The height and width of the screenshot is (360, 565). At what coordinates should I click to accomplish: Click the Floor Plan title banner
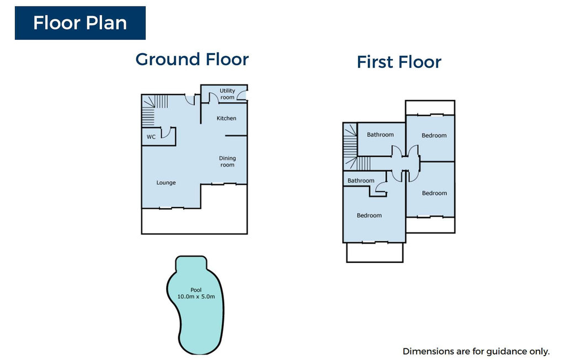[80, 23]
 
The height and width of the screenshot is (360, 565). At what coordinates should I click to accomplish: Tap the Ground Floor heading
[192, 60]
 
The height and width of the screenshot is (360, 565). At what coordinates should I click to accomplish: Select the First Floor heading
[399, 62]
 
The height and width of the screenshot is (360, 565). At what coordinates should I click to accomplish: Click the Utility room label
[227, 94]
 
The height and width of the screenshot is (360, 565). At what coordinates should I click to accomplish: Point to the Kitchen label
[226, 118]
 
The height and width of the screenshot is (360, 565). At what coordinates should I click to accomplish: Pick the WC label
[151, 137]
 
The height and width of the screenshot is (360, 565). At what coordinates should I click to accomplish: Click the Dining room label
[227, 162]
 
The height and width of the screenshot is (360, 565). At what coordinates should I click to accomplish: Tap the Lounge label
[166, 183]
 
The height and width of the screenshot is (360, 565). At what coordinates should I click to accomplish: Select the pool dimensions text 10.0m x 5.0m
[196, 297]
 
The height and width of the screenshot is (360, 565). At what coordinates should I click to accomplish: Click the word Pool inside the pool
[196, 290]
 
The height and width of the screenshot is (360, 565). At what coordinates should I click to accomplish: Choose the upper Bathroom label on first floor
[380, 135]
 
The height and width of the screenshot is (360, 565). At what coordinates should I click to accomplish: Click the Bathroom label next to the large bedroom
[361, 181]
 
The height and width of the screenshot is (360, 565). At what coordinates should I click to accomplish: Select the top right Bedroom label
[434, 136]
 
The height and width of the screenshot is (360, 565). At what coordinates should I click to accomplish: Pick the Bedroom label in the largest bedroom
[369, 216]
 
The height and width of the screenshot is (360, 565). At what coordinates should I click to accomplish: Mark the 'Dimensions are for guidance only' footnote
[476, 351]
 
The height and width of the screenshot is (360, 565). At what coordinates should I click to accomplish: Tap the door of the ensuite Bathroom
[380, 187]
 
